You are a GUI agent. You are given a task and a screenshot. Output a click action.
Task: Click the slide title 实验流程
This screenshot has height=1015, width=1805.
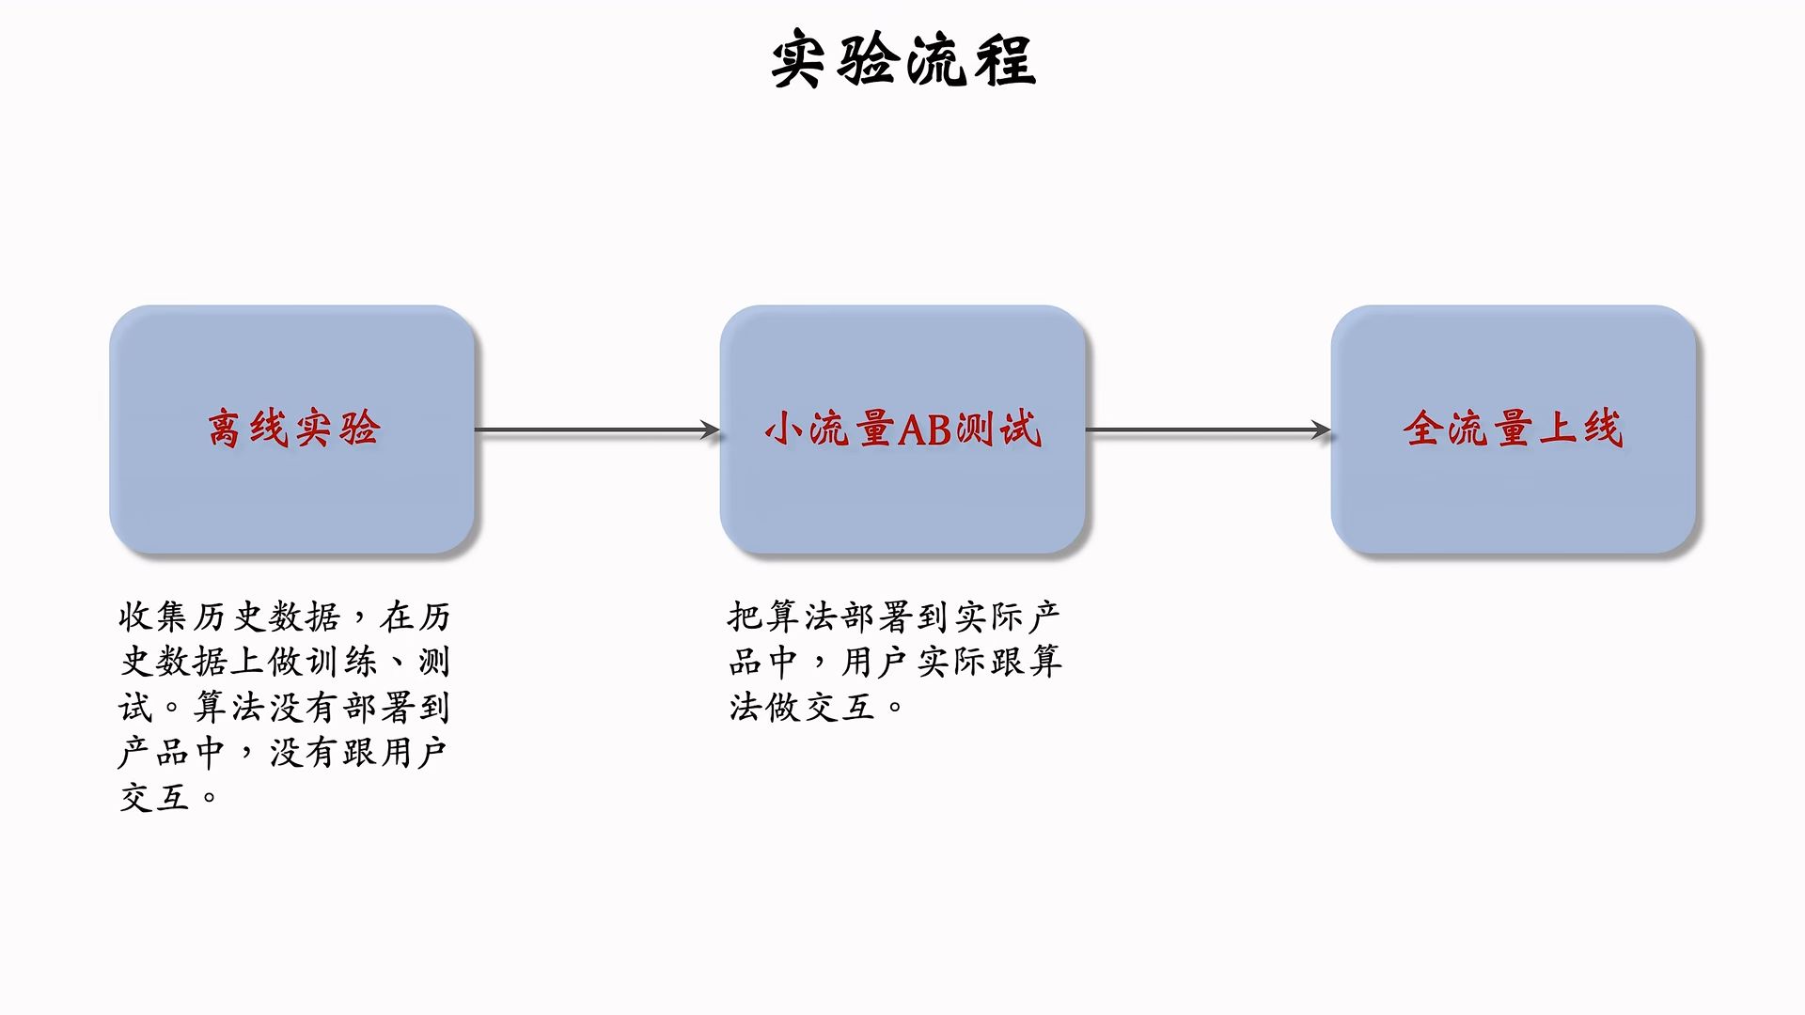pos(902,60)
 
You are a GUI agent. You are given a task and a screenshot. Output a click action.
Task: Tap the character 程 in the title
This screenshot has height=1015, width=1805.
pos(1004,60)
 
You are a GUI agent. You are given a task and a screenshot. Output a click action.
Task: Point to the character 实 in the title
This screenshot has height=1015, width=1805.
pos(799,60)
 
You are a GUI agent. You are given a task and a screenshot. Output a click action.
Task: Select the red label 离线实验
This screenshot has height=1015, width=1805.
pos(293,429)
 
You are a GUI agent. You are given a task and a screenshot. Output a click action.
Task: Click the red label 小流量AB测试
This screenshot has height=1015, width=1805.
pos(902,429)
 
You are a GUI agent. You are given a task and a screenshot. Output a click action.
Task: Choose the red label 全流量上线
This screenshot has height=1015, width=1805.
pos(1513,429)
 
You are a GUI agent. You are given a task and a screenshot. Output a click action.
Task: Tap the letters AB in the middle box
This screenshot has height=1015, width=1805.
pos(925,429)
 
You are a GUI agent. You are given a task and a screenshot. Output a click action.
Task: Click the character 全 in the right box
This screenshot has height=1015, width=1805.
pos(1423,429)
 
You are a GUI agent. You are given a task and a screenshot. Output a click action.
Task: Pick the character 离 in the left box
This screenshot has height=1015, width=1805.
pos(225,429)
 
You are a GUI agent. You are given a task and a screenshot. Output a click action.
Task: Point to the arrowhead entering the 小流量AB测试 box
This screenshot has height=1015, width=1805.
pos(710,430)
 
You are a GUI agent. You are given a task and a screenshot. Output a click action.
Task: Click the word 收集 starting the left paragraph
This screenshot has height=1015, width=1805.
pos(154,617)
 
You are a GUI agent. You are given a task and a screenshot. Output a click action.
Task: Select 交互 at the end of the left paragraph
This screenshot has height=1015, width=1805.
pos(154,798)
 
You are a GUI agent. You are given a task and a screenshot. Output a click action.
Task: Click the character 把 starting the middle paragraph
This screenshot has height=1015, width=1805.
pos(745,617)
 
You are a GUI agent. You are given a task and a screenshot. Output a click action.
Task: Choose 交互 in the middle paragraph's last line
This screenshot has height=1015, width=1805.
pos(839,707)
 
